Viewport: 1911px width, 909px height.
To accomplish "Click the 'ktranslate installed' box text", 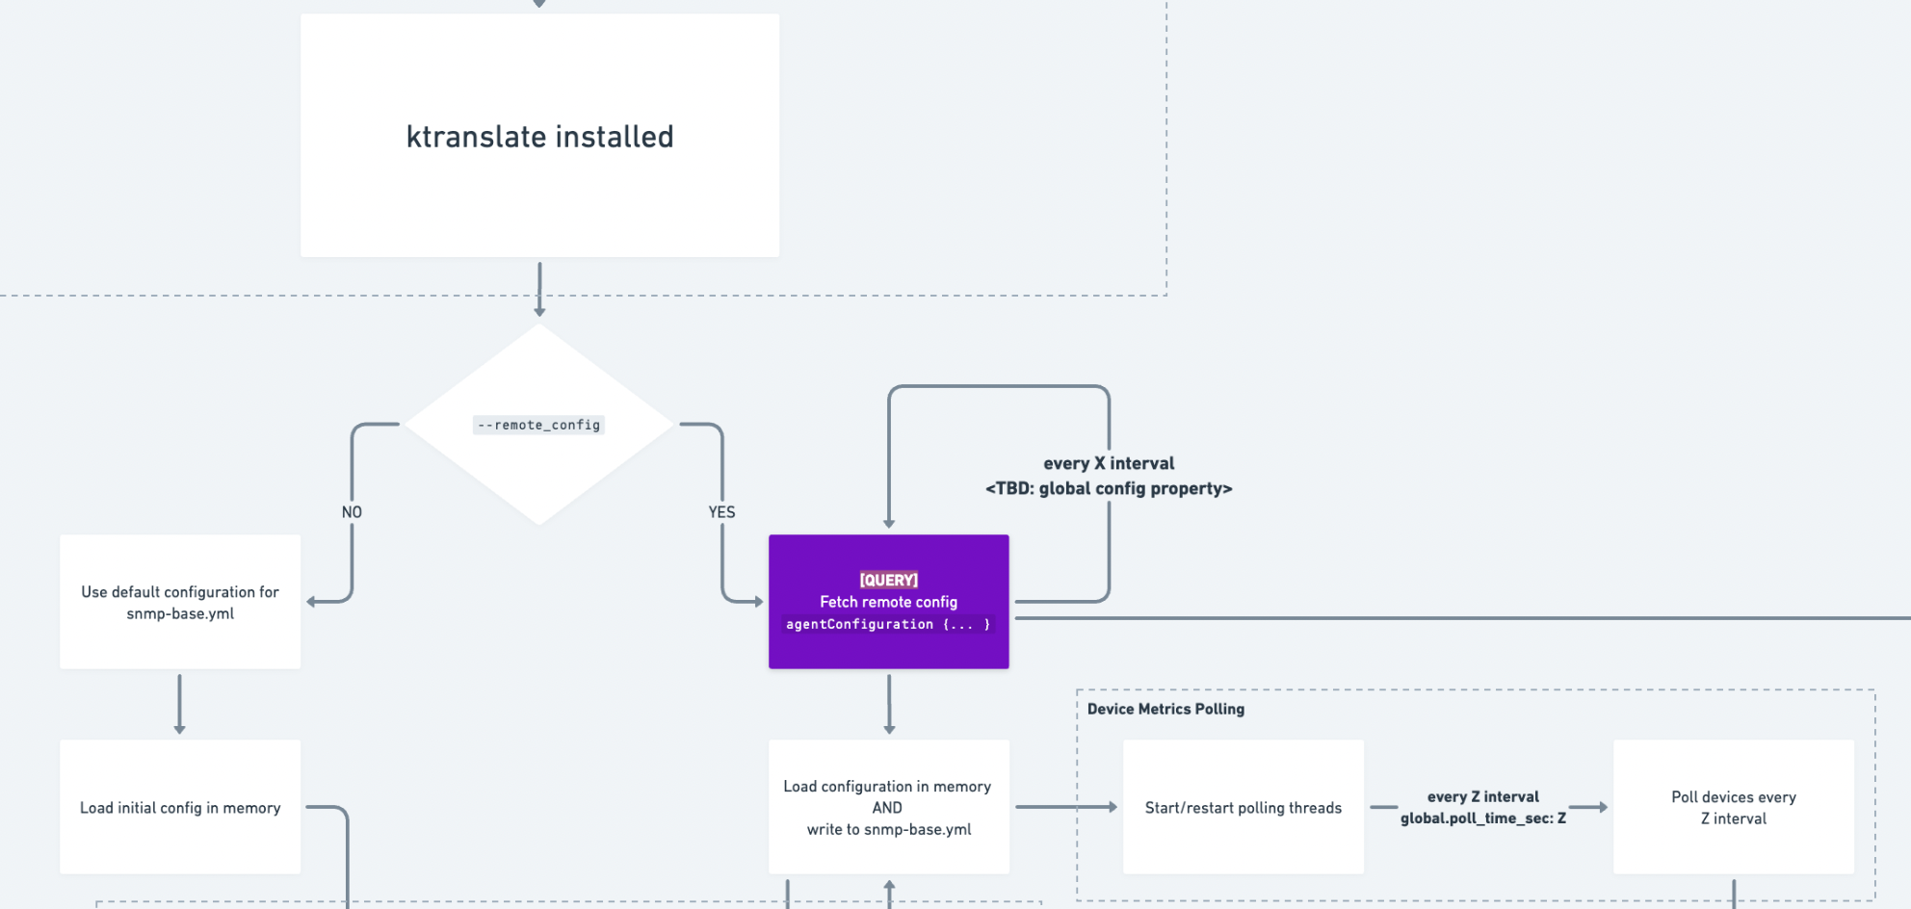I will pyautogui.click(x=539, y=137).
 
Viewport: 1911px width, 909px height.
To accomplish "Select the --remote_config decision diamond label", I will pyautogui.click(x=538, y=425).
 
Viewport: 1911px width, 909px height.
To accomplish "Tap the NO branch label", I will pyautogui.click(x=352, y=512).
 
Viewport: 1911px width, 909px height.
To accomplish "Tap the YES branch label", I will pyautogui.click(x=721, y=512).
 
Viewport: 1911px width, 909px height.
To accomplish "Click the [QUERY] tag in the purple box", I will pyautogui.click(x=888, y=580).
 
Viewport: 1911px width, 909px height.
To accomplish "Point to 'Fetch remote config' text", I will pyautogui.click(x=888, y=602).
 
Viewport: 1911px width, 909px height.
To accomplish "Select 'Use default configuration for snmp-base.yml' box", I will pyautogui.click(x=180, y=602).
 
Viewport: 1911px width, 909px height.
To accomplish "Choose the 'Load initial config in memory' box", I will pyautogui.click(x=180, y=807).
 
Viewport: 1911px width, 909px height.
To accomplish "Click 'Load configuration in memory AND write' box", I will pyautogui.click(x=888, y=807).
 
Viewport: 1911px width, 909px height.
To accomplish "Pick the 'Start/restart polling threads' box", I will pyautogui.click(x=1243, y=807).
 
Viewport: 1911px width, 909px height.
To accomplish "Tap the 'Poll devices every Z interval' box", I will pyautogui.click(x=1733, y=807).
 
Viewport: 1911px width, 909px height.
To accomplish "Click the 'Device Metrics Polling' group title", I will pyautogui.click(x=1165, y=709).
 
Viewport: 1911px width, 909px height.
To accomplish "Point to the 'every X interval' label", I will pyautogui.click(x=1109, y=463).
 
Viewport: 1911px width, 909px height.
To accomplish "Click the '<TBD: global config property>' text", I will pyautogui.click(x=1109, y=488).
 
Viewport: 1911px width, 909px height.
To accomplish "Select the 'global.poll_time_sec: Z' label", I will pyautogui.click(x=1482, y=818).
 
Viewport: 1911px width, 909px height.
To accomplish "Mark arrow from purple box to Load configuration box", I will pyautogui.click(x=889, y=703).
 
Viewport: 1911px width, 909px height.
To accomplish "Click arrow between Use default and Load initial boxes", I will pyautogui.click(x=179, y=703).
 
